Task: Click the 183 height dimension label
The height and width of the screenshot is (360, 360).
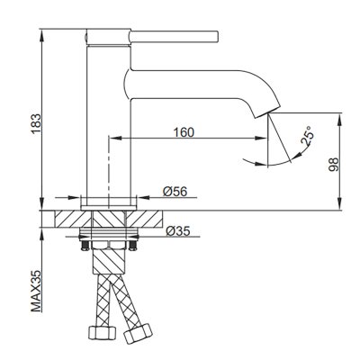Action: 36,123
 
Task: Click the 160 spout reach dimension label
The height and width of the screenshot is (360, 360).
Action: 184,132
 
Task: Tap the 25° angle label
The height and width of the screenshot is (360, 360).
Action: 308,136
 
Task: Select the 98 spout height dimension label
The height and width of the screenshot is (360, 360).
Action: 333,165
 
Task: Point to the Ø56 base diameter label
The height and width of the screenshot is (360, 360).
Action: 175,192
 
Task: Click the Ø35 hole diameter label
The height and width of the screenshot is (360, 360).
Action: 178,231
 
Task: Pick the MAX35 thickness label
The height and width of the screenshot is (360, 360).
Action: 36,291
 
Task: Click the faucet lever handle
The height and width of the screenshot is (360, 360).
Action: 174,36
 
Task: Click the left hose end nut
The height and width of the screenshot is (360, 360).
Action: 103,332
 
